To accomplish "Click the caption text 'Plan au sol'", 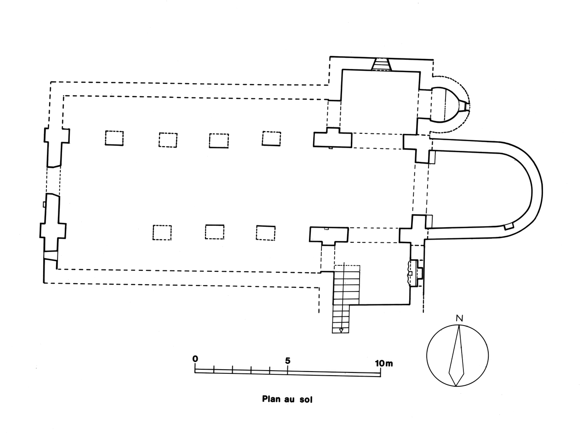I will tap(287, 399).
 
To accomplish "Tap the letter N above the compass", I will tap(459, 318).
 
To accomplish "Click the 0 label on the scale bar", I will tap(195, 359).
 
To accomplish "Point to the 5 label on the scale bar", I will tap(287, 361).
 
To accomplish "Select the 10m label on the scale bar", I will tap(383, 363).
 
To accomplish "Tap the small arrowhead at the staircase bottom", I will tap(341, 330).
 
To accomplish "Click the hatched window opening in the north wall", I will tap(381, 64).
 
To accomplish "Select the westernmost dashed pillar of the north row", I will tap(114, 138).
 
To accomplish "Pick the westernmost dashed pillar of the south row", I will tap(162, 232).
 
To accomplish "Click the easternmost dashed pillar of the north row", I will tap(271, 138).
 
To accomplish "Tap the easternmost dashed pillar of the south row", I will tap(266, 233).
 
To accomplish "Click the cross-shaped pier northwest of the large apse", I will tap(417, 147).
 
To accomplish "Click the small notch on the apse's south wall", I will tap(509, 226).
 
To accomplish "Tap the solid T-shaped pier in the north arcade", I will tap(332, 138).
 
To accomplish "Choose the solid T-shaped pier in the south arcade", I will tap(328, 235).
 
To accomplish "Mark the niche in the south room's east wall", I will tap(414, 273).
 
